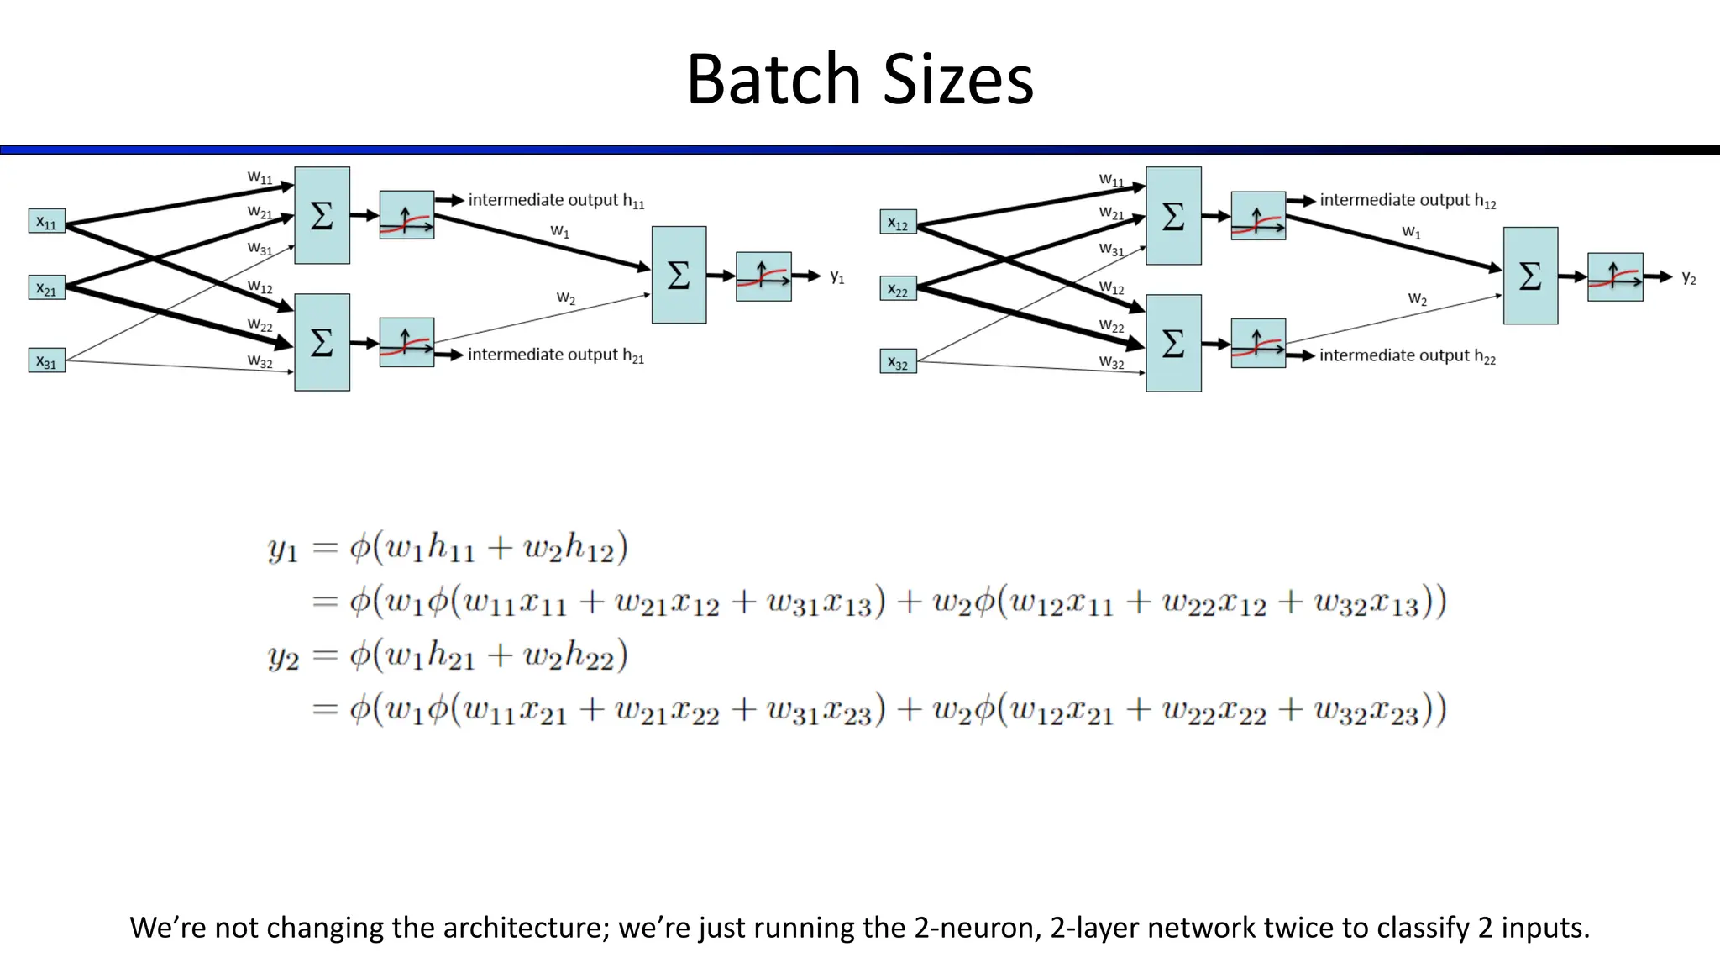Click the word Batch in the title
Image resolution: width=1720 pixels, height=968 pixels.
point(773,80)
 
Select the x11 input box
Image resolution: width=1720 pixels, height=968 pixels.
point(46,222)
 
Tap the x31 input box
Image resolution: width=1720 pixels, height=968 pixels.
point(46,360)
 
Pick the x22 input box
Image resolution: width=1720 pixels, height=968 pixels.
point(898,290)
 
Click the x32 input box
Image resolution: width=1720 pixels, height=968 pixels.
point(898,362)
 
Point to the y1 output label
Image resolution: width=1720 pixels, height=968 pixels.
point(836,276)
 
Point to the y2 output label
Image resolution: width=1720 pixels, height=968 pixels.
point(1688,278)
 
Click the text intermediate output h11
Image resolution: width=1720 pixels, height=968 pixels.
point(555,201)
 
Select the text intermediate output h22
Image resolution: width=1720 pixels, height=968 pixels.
point(1407,356)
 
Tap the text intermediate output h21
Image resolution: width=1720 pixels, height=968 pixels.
point(555,355)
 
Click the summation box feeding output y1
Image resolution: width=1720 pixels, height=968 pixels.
point(679,275)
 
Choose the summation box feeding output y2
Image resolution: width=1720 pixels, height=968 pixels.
point(1530,276)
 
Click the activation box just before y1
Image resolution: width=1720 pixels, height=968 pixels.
point(763,276)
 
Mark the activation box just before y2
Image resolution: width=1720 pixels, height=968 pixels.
point(1615,276)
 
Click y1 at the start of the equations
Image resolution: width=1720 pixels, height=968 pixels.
point(283,550)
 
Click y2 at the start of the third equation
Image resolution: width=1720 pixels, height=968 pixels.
point(283,657)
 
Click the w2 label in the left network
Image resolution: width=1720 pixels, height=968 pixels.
point(565,298)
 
